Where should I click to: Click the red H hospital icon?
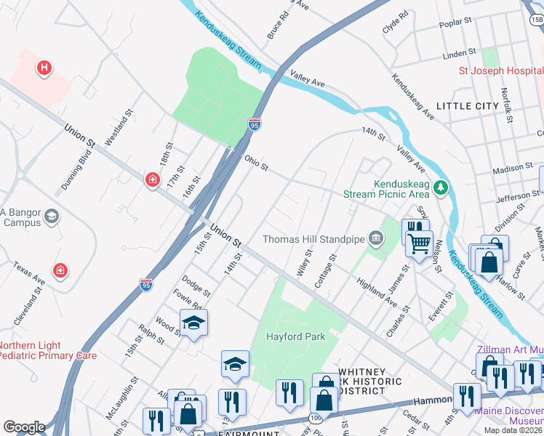[44, 68]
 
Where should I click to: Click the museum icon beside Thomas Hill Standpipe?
[376, 238]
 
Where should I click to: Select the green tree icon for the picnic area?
[440, 189]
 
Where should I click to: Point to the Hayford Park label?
[295, 336]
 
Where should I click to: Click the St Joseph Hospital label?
[500, 71]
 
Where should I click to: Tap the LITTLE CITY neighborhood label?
[467, 106]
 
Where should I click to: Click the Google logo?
[24, 427]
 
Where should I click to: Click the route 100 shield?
[315, 418]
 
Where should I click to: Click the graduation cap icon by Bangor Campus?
[52, 216]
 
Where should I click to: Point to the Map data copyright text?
[513, 430]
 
